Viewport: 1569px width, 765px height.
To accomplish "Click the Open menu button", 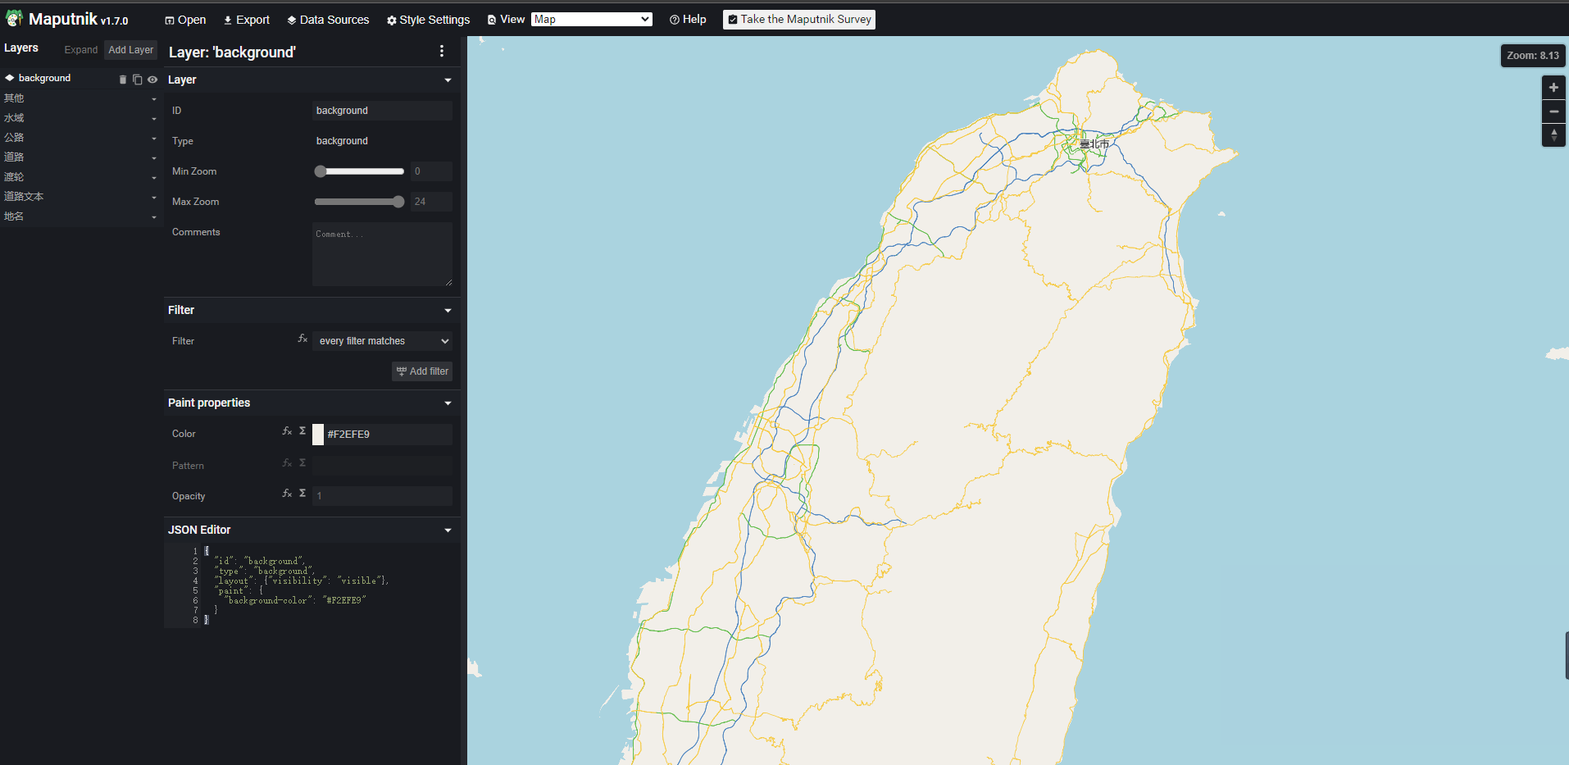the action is click(x=185, y=20).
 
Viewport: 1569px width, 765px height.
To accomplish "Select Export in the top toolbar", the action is click(x=247, y=20).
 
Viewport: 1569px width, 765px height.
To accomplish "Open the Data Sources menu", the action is click(x=328, y=20).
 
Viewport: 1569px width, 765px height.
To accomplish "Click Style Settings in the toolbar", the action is click(x=428, y=20).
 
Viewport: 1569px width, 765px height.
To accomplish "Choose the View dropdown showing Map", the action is click(x=591, y=20).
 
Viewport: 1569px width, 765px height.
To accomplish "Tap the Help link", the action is click(x=688, y=20).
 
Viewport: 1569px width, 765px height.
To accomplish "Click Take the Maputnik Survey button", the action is click(x=799, y=20).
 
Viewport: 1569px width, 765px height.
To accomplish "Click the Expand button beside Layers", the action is click(x=80, y=50).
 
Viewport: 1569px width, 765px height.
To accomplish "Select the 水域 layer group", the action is click(x=15, y=118).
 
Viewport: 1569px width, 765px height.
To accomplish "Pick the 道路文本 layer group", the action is click(x=24, y=197).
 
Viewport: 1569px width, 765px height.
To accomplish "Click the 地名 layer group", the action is click(x=14, y=216).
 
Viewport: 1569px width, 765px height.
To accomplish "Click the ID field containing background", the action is click(x=381, y=111).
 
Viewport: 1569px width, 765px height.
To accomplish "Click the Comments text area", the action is click(x=381, y=253).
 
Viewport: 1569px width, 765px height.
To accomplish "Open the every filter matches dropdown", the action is click(x=383, y=341).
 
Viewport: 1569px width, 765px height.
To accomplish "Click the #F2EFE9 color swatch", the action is click(x=318, y=435).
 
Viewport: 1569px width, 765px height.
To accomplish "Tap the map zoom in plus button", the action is click(x=1553, y=88).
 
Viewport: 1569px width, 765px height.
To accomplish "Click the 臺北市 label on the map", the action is click(x=1094, y=144).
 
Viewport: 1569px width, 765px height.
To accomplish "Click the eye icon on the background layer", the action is click(x=152, y=80).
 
